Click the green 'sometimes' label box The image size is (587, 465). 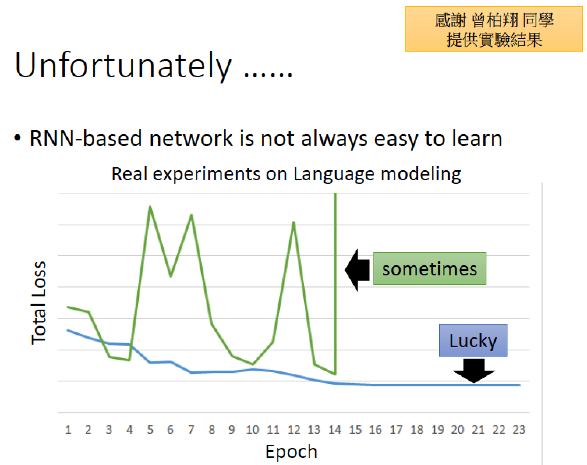point(430,268)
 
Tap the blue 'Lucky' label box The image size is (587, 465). point(473,340)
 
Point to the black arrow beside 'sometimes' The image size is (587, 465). point(357,270)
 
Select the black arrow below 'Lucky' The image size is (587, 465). point(474,371)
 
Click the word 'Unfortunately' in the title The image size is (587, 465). point(123,66)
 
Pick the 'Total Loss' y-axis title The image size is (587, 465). point(39,303)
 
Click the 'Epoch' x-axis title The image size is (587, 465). point(291,452)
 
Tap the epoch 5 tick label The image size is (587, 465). point(150,430)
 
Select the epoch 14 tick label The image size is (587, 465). point(335,430)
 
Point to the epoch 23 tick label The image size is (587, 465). point(519,430)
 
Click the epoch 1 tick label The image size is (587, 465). point(68,430)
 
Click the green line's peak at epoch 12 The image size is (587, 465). point(293,222)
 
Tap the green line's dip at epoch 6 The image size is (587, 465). point(171,276)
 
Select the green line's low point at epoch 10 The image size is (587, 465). point(253,364)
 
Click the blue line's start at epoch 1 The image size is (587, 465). point(68,330)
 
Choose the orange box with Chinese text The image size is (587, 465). point(494,29)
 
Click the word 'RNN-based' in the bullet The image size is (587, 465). point(86,138)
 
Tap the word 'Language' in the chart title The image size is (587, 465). point(334,175)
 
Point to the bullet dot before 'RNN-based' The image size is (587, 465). point(18,138)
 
